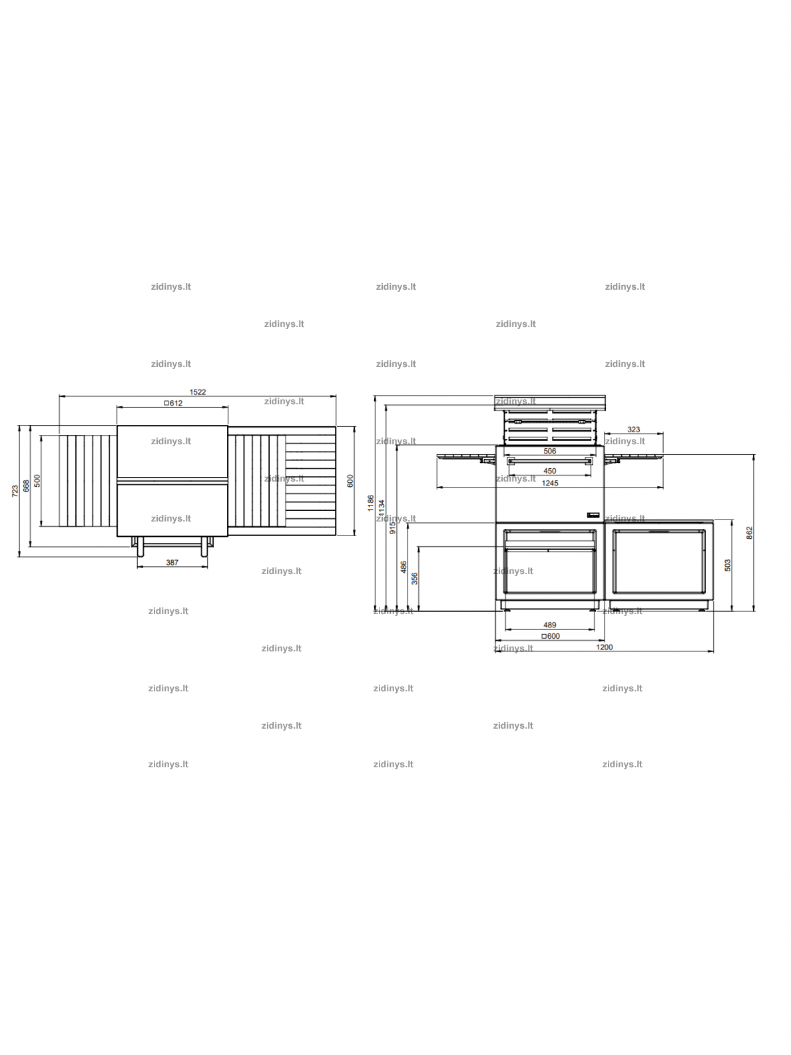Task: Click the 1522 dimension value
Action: click(x=197, y=392)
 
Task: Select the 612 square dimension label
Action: click(x=173, y=403)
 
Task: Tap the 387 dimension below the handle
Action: click(x=172, y=562)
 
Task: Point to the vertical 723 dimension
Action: click(x=15, y=491)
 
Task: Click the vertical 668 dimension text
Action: click(x=27, y=486)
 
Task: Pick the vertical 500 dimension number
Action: click(x=37, y=481)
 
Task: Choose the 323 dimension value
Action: click(x=633, y=430)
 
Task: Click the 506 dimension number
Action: click(x=550, y=452)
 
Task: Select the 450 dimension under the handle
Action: click(x=550, y=471)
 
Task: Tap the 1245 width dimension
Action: click(x=550, y=483)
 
